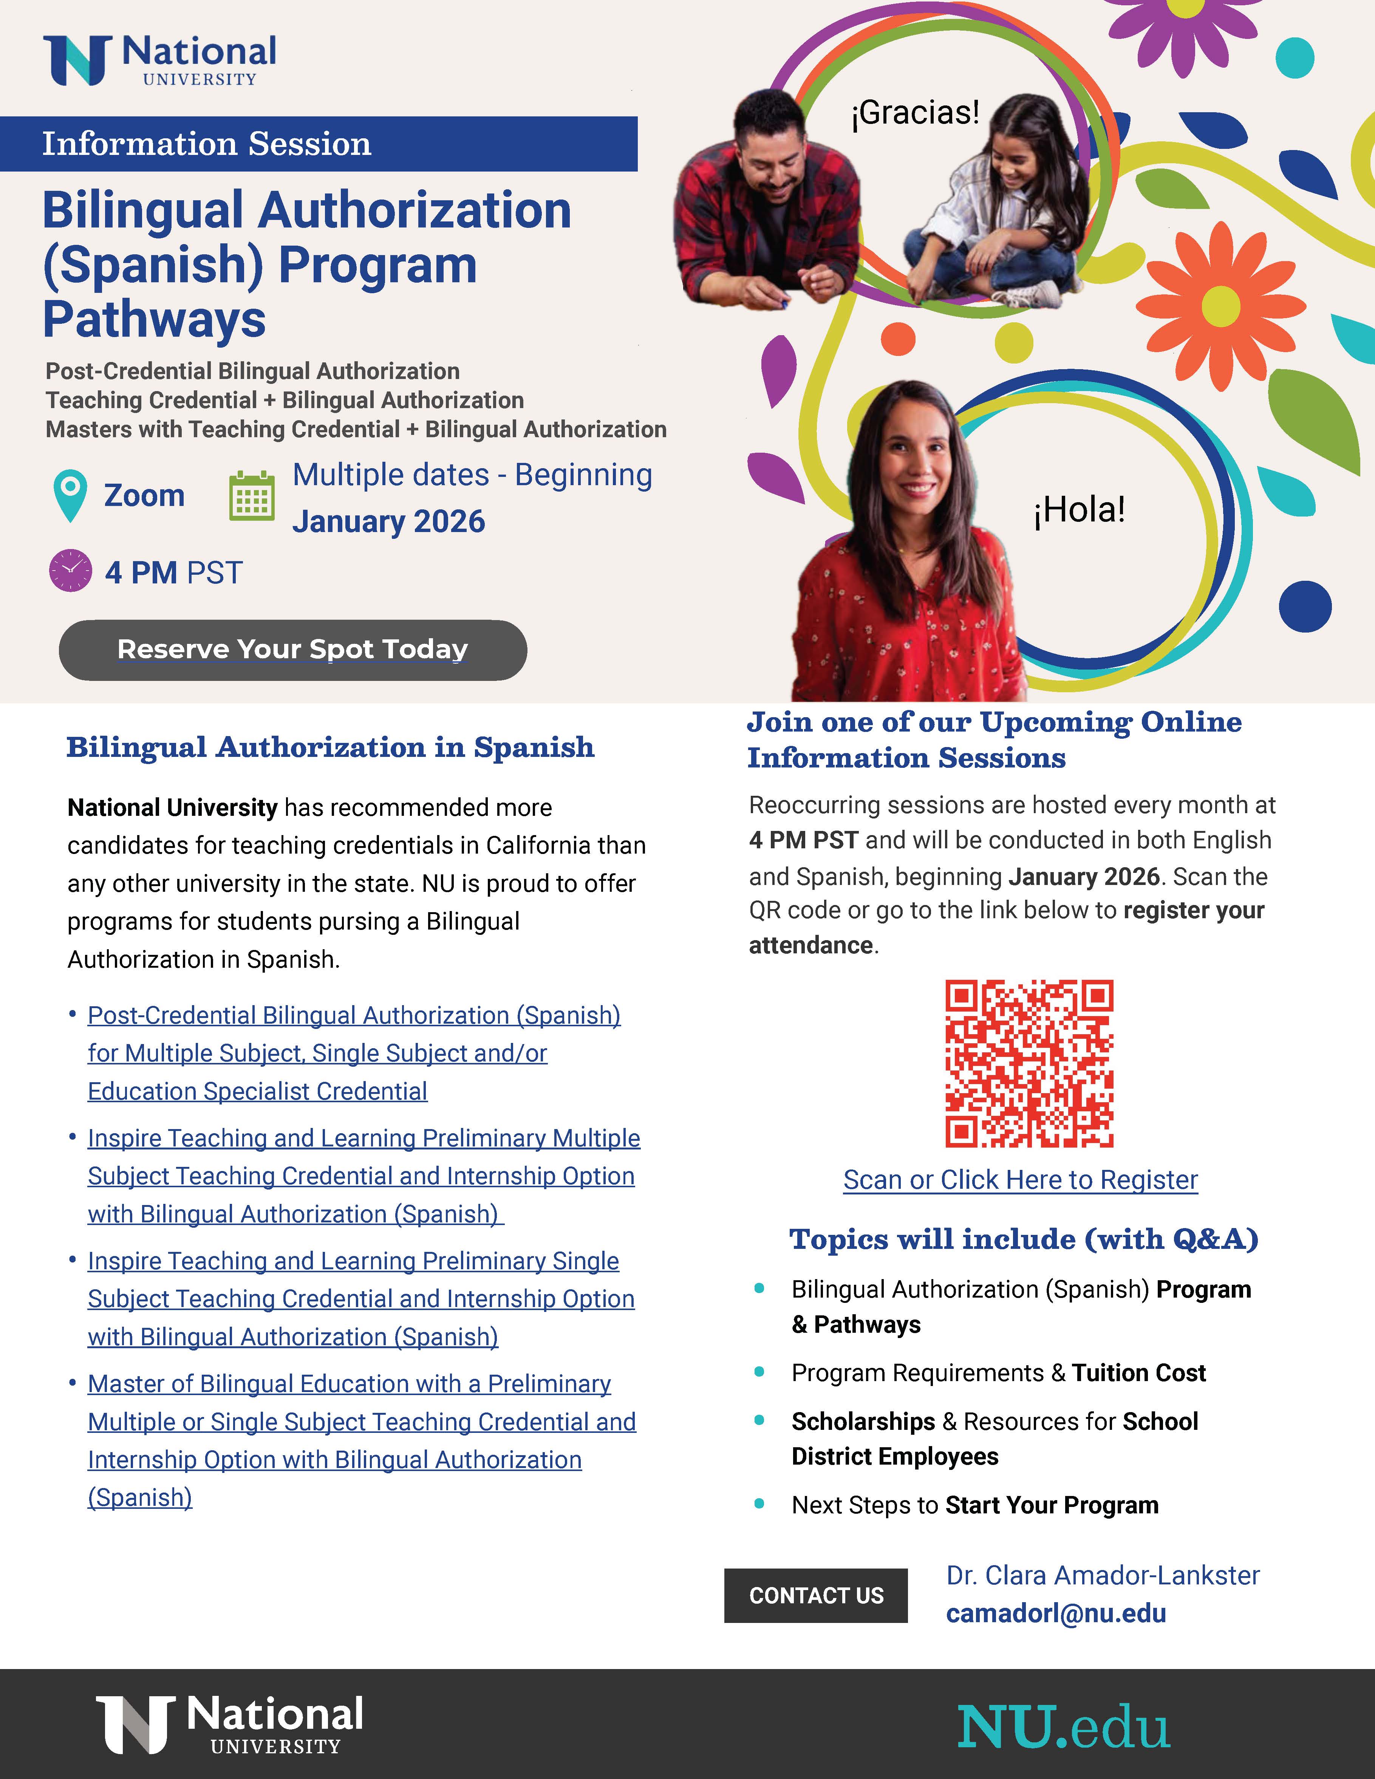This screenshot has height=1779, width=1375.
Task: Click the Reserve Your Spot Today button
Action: point(292,649)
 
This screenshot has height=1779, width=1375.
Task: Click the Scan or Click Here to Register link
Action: point(1020,1179)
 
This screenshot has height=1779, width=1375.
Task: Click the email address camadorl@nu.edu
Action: point(1056,1613)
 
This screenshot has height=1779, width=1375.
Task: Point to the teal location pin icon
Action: point(70,493)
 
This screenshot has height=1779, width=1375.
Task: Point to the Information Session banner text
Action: point(207,144)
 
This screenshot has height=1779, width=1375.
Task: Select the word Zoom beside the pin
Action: point(144,495)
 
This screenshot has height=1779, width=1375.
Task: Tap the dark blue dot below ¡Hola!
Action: point(1305,606)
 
